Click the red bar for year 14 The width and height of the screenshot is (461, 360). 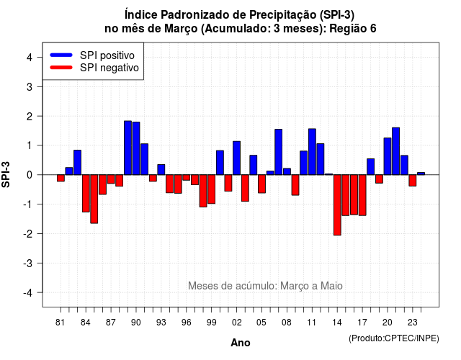pos(337,204)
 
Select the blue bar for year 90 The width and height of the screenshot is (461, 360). pos(136,148)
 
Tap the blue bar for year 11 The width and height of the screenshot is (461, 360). pos(312,152)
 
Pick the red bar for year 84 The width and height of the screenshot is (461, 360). pos(86,193)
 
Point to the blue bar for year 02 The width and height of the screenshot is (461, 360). pos(237,158)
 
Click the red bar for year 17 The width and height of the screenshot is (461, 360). pos(362,195)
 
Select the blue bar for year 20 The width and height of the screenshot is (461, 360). pos(388,156)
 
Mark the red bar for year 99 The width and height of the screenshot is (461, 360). pos(211,189)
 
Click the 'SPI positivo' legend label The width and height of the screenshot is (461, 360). pos(107,55)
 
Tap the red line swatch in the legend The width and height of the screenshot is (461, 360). pos(61,68)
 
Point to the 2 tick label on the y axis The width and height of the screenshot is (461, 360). pos(30,117)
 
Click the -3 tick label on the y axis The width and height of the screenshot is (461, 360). pos(28,264)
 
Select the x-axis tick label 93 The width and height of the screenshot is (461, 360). pos(161,323)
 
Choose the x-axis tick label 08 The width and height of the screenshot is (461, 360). pos(287,323)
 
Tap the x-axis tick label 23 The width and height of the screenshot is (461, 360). pos(413,323)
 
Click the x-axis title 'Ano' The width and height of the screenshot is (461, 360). pos(241,343)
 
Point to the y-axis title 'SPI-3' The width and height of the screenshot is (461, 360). pos(6,174)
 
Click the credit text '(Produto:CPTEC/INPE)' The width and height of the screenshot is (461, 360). pos(394,338)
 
